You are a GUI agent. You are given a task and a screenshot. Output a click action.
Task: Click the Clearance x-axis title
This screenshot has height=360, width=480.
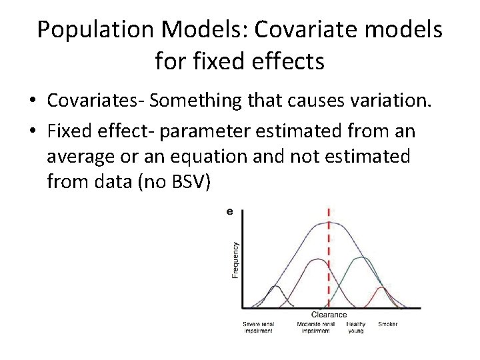(329, 315)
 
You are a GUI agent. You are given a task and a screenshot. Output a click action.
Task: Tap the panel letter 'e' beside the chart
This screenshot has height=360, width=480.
(230, 211)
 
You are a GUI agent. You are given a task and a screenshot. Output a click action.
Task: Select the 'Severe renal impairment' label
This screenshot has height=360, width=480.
(257, 327)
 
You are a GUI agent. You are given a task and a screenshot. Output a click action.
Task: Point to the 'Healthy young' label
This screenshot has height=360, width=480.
(356, 327)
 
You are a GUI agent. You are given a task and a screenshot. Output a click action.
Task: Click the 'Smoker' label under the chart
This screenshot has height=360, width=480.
(388, 323)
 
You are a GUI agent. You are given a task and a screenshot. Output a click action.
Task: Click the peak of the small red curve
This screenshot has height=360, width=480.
(382, 287)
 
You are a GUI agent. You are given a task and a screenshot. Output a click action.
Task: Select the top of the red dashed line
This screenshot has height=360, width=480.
(328, 209)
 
